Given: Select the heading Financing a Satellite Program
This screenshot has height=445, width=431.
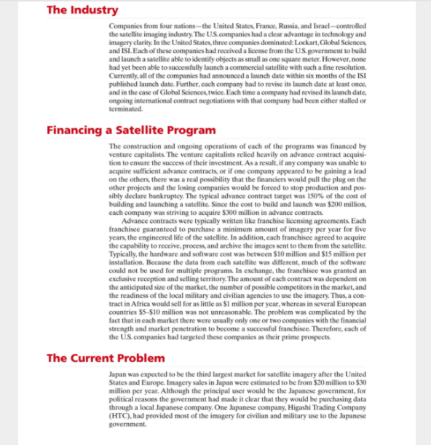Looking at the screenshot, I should [130, 130].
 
